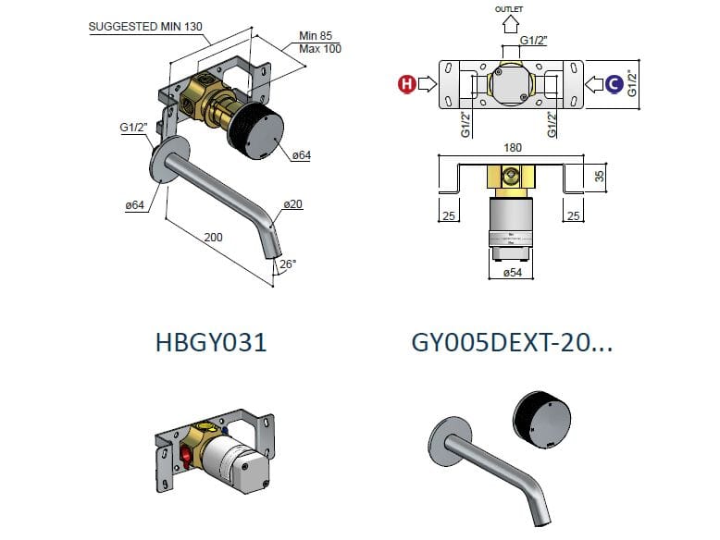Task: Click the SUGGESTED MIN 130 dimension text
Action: (145, 26)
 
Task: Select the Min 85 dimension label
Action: (315, 36)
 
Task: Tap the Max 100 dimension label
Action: (319, 48)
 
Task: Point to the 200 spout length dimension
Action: (214, 238)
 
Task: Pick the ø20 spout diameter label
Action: (293, 203)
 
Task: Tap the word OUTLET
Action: (509, 8)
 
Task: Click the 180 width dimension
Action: (514, 147)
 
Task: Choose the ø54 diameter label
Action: (514, 273)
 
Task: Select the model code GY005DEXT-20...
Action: (512, 342)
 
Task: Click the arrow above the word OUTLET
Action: (509, 25)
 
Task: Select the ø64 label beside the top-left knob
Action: (301, 155)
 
